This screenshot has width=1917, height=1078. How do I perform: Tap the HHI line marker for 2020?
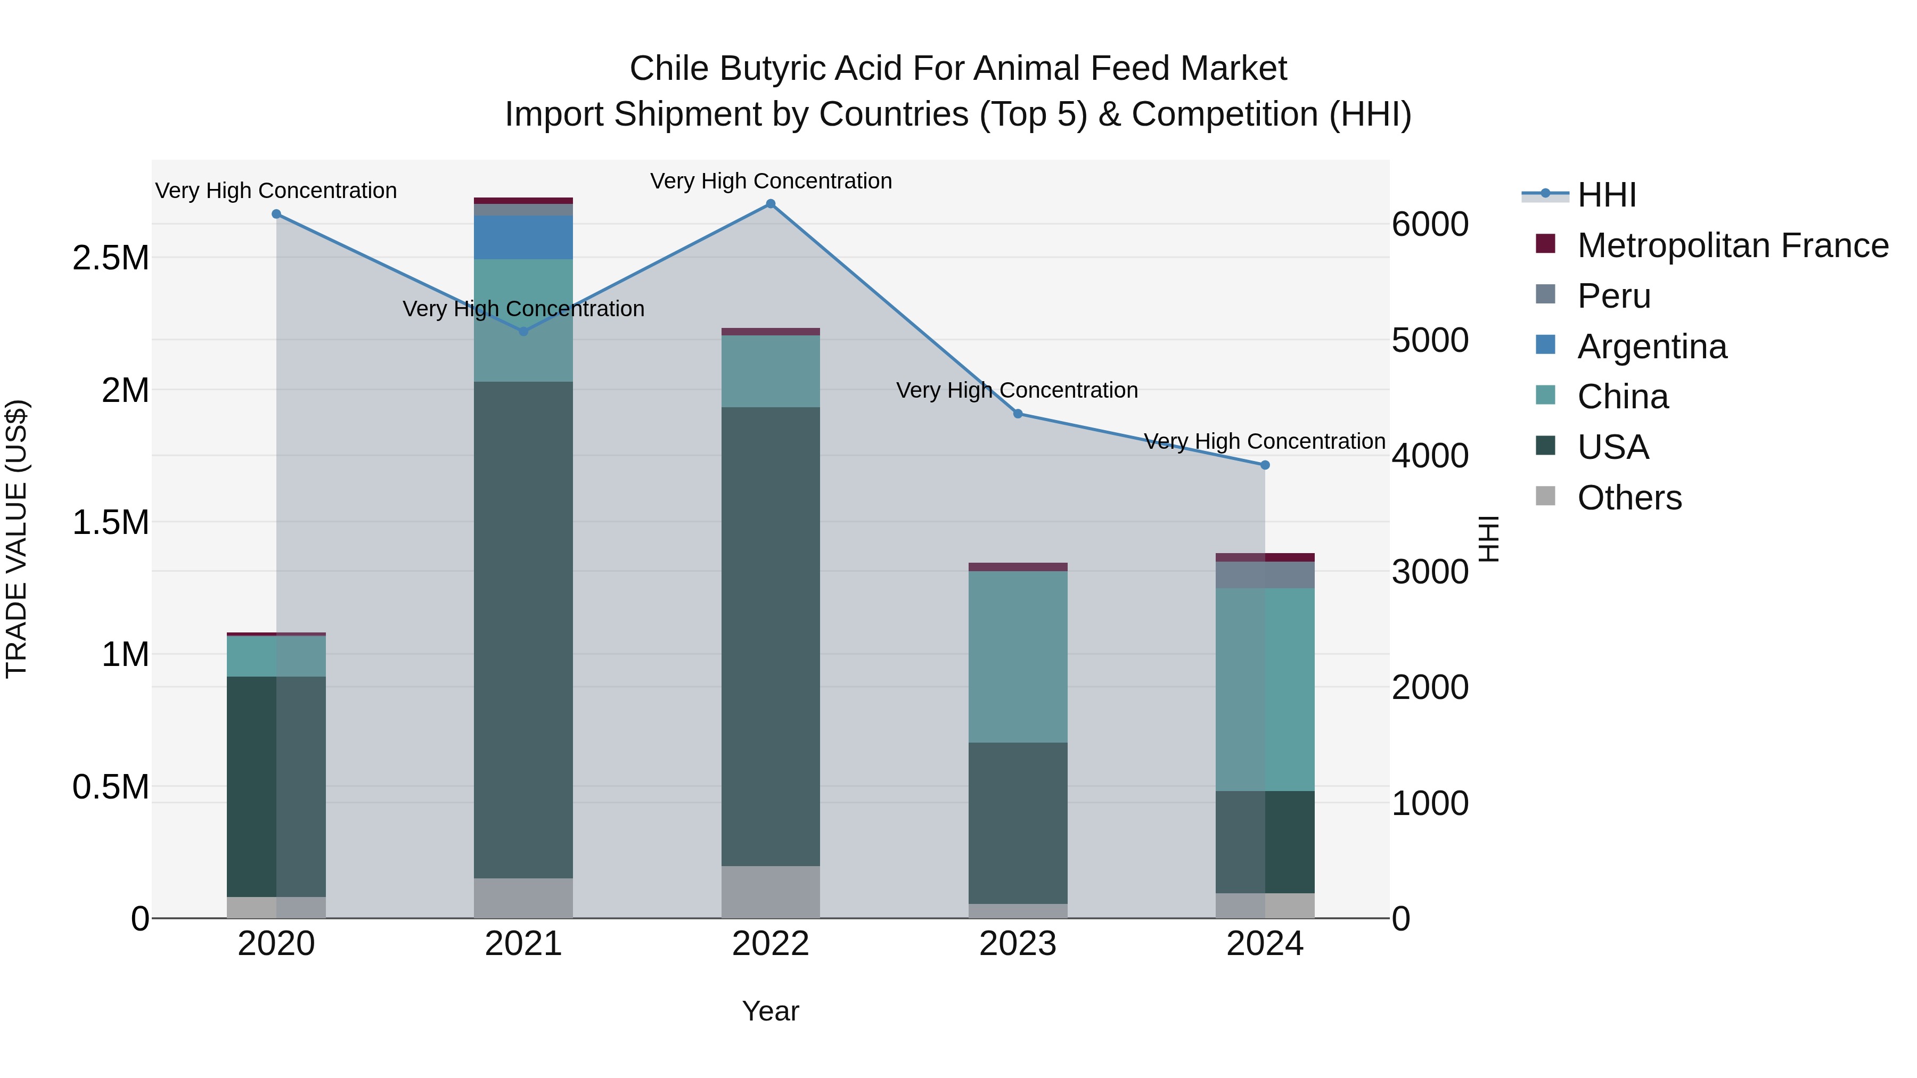click(276, 214)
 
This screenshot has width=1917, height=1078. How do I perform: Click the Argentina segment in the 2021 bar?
click(523, 237)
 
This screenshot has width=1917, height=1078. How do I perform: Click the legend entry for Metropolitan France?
click(1732, 245)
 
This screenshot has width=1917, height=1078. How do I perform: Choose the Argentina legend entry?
click(1651, 347)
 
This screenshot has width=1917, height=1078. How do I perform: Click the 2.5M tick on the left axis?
click(111, 258)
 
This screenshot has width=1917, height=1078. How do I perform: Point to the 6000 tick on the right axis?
click(1430, 225)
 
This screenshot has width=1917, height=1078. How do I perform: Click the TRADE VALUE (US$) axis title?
click(17, 539)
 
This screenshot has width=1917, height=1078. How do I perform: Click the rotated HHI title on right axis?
click(1488, 539)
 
